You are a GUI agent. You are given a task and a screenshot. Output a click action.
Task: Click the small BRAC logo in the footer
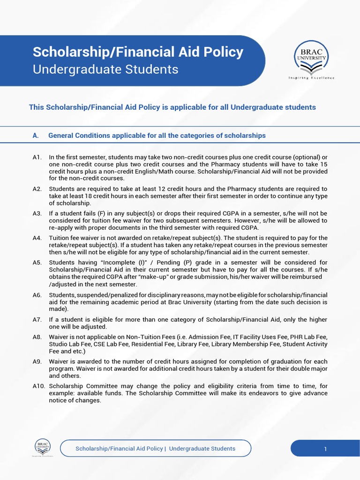click(42, 446)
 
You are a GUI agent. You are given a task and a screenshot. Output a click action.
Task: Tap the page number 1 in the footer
click(325, 449)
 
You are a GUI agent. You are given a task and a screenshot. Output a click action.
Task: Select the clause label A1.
click(37, 157)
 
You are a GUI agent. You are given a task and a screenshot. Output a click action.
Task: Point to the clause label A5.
click(37, 262)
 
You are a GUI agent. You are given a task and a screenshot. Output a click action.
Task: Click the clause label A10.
click(38, 386)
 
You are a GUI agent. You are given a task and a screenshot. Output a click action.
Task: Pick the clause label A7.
click(37, 320)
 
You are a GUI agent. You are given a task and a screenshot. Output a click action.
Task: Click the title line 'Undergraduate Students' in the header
click(105, 69)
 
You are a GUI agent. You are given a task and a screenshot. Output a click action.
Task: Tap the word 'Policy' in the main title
click(220, 52)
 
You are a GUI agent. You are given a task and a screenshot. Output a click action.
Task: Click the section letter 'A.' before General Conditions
click(35, 135)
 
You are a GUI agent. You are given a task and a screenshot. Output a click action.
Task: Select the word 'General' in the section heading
click(61, 135)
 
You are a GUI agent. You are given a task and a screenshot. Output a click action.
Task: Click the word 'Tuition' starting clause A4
click(60, 238)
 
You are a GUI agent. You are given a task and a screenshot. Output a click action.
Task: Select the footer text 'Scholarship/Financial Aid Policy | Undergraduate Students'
click(156, 449)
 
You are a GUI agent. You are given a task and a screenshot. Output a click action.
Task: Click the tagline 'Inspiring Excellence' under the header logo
click(311, 78)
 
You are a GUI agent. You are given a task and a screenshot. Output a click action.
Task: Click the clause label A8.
click(37, 337)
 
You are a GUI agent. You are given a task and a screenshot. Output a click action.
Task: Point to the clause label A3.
click(37, 213)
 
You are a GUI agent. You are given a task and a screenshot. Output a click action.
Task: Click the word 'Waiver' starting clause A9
click(60, 362)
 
